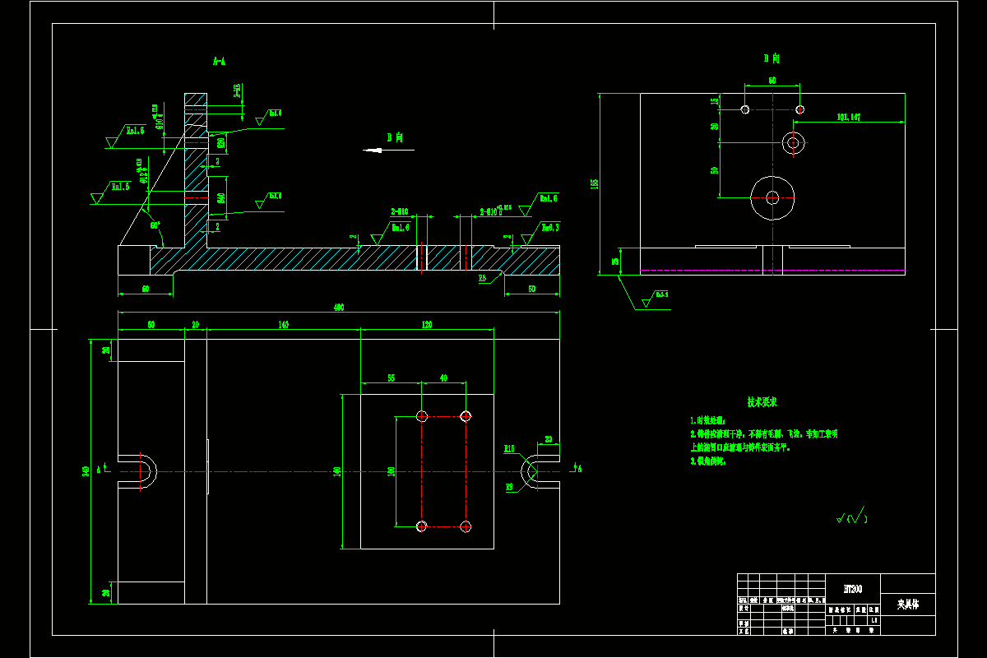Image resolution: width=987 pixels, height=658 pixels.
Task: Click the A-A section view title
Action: (219, 61)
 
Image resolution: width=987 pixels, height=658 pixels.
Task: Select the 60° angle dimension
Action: (154, 225)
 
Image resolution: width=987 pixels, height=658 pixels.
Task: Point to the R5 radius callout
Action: (484, 279)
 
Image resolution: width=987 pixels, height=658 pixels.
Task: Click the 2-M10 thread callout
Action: (401, 212)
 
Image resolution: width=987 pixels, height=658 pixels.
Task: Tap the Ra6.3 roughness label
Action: (549, 226)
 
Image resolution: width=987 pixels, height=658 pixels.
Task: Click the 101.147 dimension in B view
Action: (848, 118)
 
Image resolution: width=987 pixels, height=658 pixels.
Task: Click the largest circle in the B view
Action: (773, 197)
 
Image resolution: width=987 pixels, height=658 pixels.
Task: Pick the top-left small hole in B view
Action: (744, 109)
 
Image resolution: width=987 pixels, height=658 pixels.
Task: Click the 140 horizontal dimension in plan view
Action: (283, 325)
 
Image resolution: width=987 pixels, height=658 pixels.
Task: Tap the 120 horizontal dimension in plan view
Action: (427, 325)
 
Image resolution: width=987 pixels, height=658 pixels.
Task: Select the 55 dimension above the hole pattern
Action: (391, 378)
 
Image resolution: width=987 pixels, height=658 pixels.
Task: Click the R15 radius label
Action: (509, 448)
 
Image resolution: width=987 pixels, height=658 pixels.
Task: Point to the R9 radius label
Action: (509, 486)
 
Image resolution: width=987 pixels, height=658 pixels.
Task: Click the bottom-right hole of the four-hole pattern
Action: (466, 526)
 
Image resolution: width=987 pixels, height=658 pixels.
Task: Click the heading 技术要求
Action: (762, 402)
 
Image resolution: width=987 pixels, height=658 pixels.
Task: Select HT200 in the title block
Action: (853, 589)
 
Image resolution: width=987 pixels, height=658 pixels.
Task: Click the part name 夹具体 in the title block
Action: (907, 605)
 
